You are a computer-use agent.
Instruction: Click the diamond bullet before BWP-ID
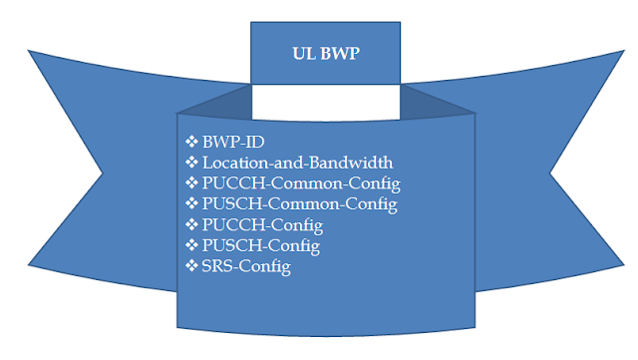(x=192, y=141)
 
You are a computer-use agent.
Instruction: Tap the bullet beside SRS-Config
(x=192, y=266)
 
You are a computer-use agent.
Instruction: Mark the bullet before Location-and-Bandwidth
(x=192, y=162)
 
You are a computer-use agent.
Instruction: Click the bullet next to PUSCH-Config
(x=192, y=245)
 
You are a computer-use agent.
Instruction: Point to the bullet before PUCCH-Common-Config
(x=192, y=182)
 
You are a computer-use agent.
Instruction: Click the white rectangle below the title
(x=326, y=102)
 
